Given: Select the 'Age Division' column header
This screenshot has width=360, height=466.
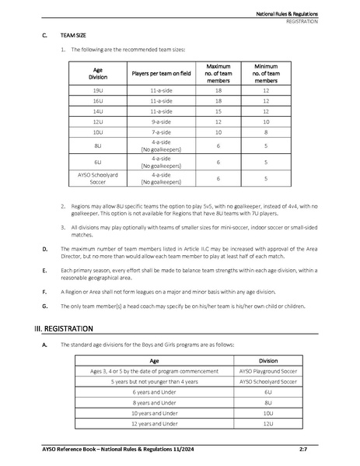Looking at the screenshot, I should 97,74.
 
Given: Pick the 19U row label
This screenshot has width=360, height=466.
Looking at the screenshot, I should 97,91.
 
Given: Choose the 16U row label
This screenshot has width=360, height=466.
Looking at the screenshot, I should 97,101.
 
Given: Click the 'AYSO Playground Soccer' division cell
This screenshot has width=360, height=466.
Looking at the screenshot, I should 268,372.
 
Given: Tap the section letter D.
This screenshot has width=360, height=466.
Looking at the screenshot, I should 44,248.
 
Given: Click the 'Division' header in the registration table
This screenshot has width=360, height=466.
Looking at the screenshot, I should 268,361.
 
